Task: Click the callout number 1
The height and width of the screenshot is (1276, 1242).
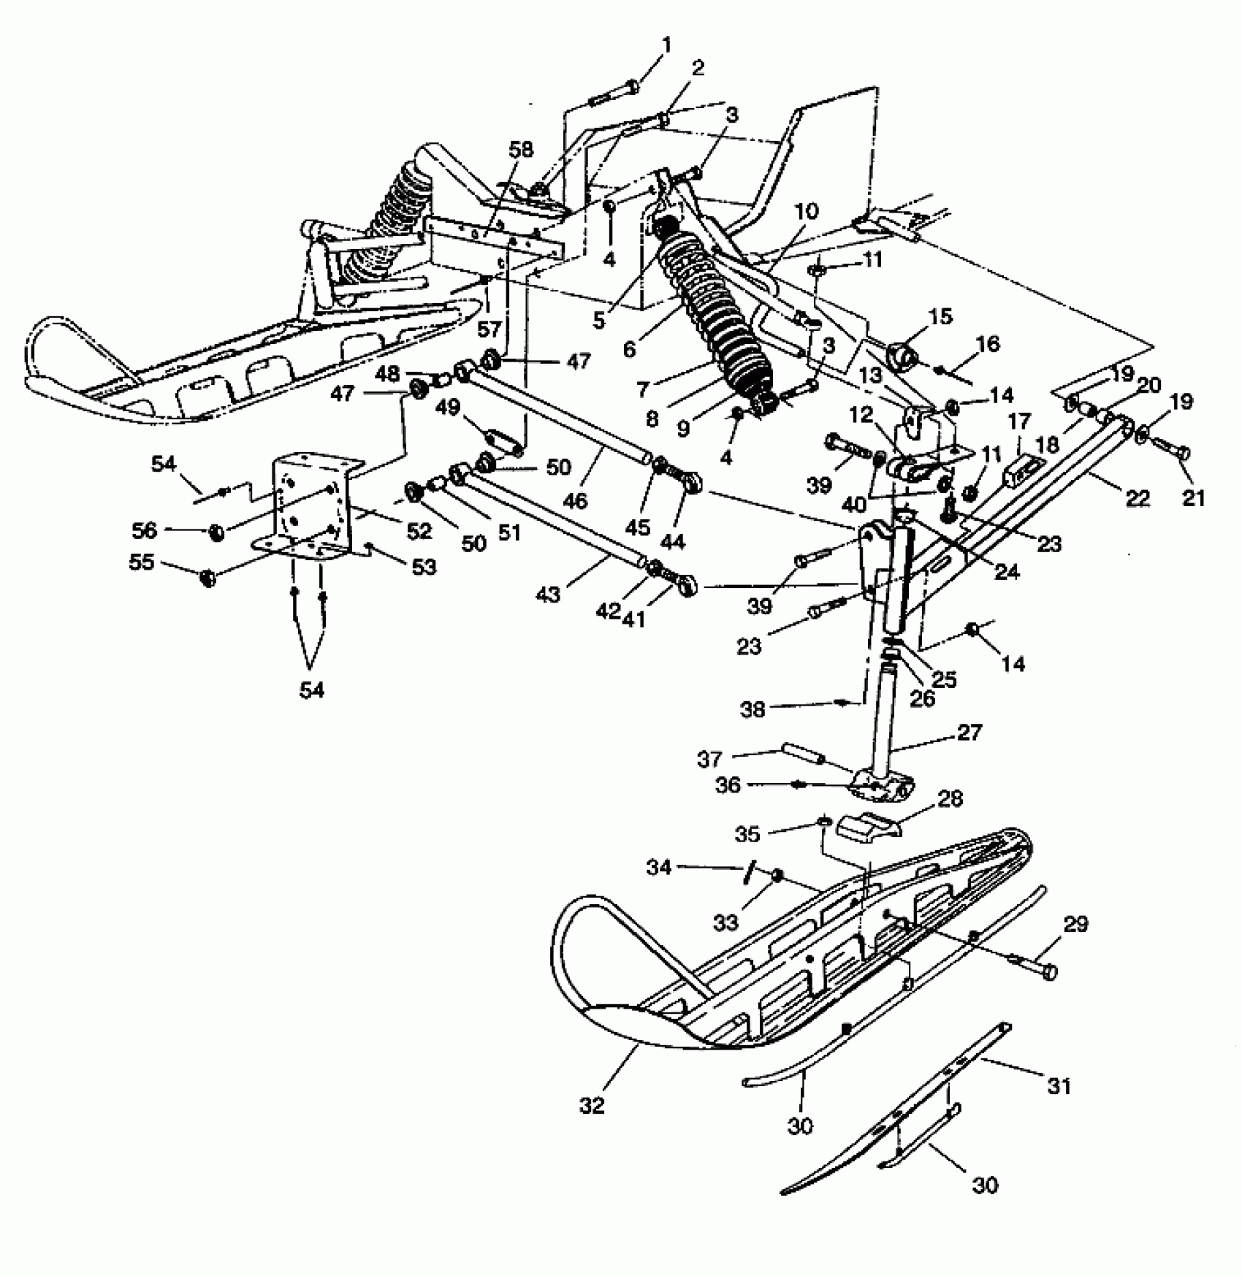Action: tap(666, 46)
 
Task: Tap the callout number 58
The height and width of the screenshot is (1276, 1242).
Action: tap(522, 150)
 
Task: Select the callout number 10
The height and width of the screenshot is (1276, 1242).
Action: tap(807, 212)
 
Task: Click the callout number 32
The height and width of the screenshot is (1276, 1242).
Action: tap(593, 1106)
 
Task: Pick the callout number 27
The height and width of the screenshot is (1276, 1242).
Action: tap(969, 733)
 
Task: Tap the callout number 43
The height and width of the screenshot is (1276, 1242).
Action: tap(548, 595)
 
